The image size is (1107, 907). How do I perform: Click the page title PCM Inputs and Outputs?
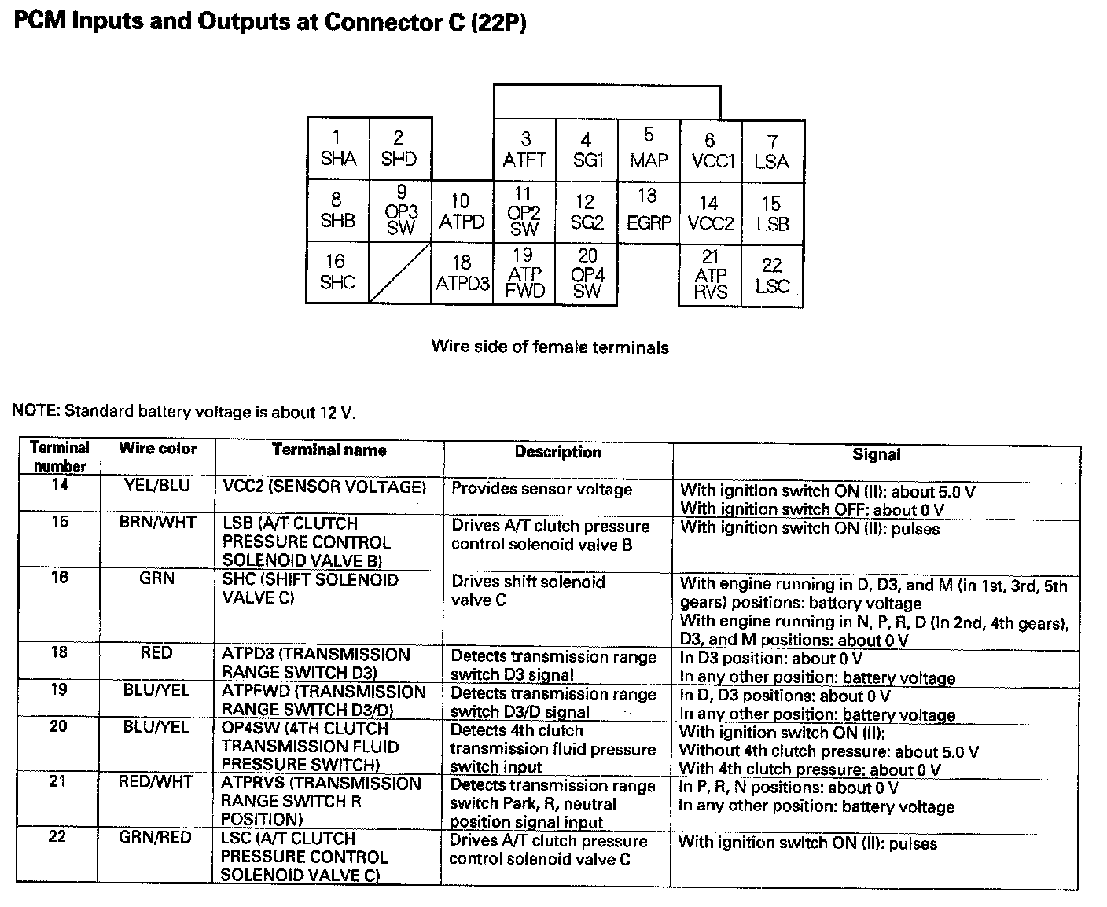click(x=270, y=22)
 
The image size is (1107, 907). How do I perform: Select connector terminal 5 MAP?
click(x=649, y=149)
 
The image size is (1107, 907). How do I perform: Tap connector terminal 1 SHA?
click(x=338, y=149)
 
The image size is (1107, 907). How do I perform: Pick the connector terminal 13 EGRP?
click(x=649, y=210)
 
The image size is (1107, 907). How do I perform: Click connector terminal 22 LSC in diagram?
click(x=772, y=276)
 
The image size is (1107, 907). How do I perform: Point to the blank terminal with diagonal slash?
click(x=400, y=273)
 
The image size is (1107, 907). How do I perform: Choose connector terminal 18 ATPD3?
click(x=462, y=273)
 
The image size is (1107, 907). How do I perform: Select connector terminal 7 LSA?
click(x=772, y=151)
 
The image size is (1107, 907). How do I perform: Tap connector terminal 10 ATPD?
click(x=462, y=212)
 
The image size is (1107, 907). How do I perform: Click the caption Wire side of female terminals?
click(x=550, y=347)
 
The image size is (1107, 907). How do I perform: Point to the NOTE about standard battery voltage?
click(x=183, y=411)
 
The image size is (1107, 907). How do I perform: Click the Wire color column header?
click(x=157, y=449)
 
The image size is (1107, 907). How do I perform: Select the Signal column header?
click(x=876, y=454)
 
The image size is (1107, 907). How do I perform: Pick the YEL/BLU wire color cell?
click(x=157, y=486)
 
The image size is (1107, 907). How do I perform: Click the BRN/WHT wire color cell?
click(x=157, y=522)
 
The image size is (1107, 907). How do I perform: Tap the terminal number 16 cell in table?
click(x=60, y=578)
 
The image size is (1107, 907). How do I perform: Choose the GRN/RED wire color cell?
click(x=155, y=838)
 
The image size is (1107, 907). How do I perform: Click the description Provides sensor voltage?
click(x=542, y=489)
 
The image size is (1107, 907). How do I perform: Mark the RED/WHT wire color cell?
click(x=155, y=782)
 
